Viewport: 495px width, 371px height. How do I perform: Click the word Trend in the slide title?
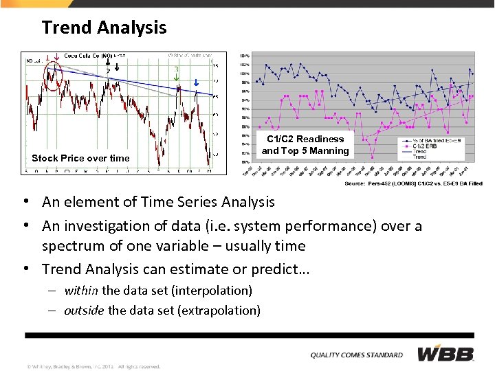click(67, 27)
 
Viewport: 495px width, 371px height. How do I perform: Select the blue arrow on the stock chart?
click(196, 82)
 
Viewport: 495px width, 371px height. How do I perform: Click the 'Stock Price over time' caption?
click(80, 158)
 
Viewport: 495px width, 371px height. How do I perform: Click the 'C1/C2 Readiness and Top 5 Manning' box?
click(305, 145)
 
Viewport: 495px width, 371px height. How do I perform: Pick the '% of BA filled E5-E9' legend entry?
click(440, 141)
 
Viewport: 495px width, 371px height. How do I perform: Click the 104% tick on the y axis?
click(244, 55)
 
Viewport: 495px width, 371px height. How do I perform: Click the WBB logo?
click(445, 354)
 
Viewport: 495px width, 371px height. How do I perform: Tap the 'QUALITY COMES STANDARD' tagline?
click(356, 355)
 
